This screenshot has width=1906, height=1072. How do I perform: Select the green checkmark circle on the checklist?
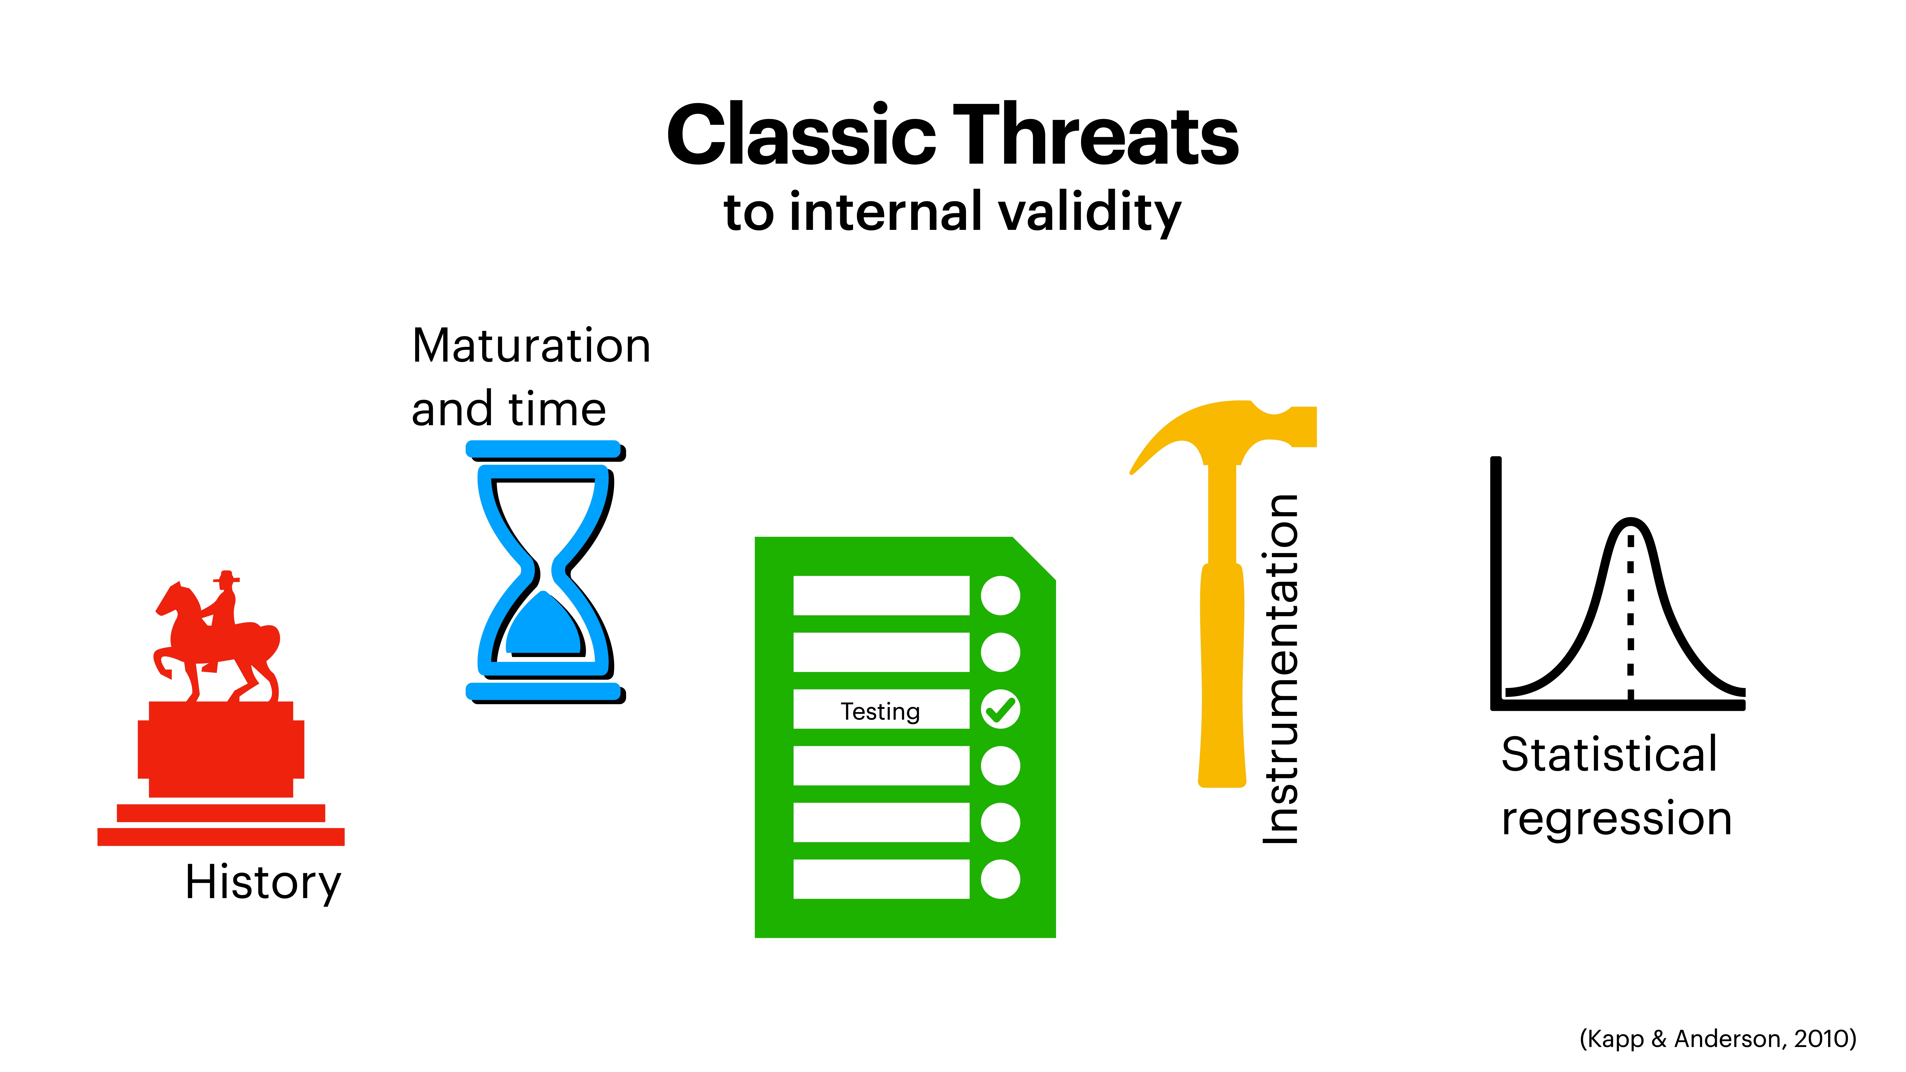(1000, 709)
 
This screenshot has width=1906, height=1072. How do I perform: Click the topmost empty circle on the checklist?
(1000, 596)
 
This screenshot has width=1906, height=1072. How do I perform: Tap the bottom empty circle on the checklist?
(1000, 879)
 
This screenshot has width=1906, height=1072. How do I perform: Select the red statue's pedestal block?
(221, 749)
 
